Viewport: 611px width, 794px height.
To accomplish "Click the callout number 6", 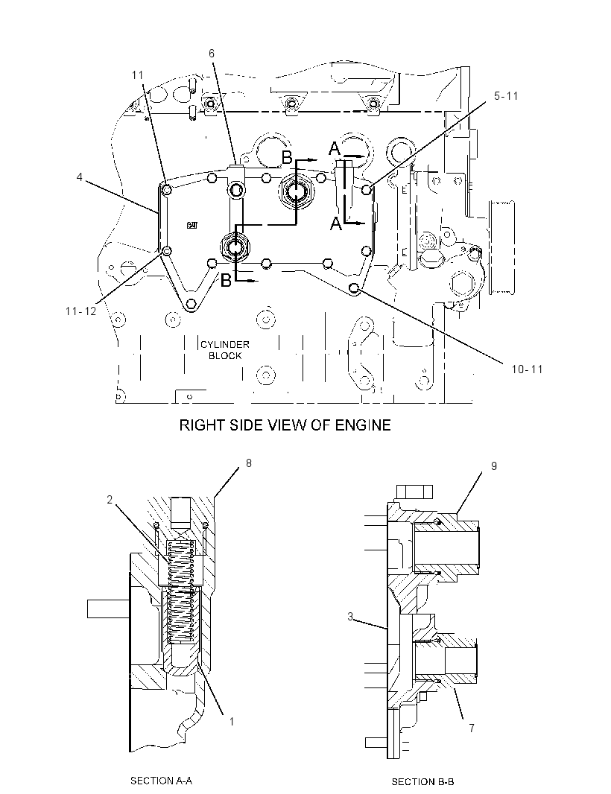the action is click(212, 53).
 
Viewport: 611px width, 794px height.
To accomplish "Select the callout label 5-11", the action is click(506, 95).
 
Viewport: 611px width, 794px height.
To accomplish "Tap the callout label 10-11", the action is click(527, 369).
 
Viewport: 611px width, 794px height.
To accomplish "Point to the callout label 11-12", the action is click(80, 311).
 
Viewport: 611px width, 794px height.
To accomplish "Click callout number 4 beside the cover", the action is click(80, 178).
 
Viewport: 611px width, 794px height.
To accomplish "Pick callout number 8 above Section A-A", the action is click(249, 463).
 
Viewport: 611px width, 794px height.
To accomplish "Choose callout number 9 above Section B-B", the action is click(494, 466).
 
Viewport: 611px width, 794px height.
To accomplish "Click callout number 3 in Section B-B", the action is click(350, 617).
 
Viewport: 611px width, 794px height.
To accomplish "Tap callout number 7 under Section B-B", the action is click(472, 728).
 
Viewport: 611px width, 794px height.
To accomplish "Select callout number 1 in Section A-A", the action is click(232, 721).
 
